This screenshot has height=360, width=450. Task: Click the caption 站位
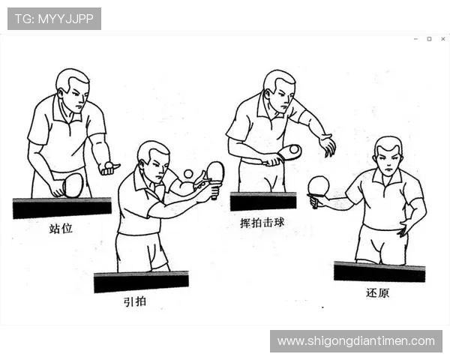tap(61, 229)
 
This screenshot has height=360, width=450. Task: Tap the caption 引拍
tap(135, 302)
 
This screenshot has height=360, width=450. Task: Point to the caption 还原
tap(377, 292)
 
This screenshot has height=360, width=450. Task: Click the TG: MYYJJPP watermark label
tap(54, 19)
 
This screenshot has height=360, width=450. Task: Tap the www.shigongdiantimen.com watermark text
tap(355, 341)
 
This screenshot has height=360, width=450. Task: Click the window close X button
tap(442, 38)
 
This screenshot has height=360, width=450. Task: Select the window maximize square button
tap(429, 38)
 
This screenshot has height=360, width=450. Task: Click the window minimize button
tap(415, 38)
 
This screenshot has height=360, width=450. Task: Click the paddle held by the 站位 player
tap(73, 184)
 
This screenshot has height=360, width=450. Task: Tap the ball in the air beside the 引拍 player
tap(188, 174)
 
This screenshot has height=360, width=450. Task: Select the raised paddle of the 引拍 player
tap(215, 172)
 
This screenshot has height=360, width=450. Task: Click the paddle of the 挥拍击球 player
tap(289, 151)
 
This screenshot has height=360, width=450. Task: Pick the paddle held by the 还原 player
tap(319, 185)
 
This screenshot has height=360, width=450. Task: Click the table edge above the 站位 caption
tap(61, 207)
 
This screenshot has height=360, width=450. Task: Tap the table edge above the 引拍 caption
tap(141, 281)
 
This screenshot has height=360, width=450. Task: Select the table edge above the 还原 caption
tap(379, 271)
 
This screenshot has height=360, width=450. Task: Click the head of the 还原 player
tap(388, 154)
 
